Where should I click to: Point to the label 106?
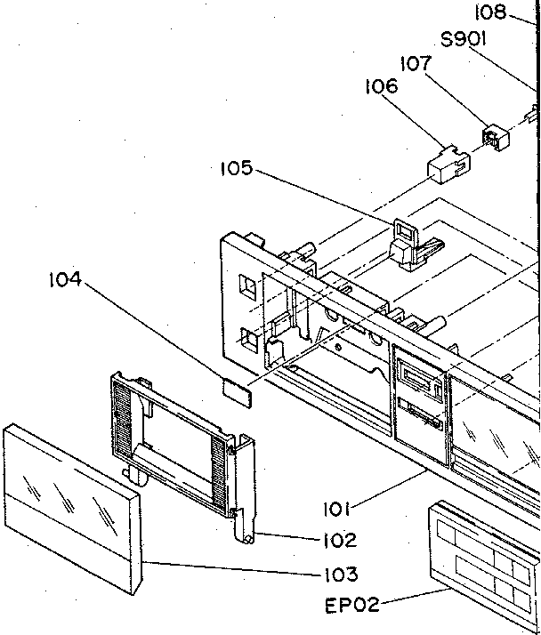[381, 87]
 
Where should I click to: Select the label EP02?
[351, 606]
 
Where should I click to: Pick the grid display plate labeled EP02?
[485, 556]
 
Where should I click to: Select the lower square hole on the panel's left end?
[248, 338]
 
